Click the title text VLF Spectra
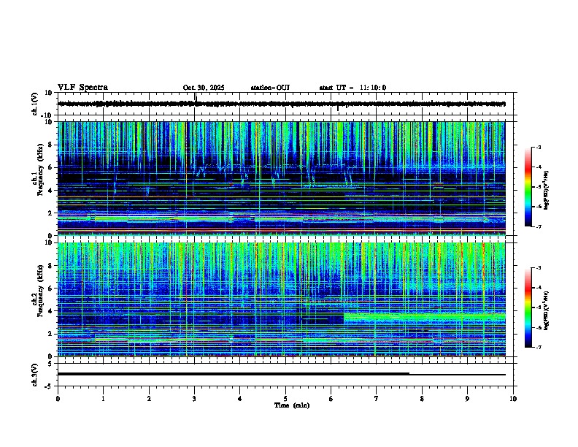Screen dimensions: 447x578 82,88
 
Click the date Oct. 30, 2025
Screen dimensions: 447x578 204,88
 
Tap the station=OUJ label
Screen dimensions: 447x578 270,88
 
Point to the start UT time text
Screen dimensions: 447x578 352,88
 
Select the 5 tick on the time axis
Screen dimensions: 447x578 285,399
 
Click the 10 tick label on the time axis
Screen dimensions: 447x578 513,399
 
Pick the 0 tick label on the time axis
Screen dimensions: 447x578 58,399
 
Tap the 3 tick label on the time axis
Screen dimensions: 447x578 194,399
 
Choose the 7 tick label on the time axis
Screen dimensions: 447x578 377,399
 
